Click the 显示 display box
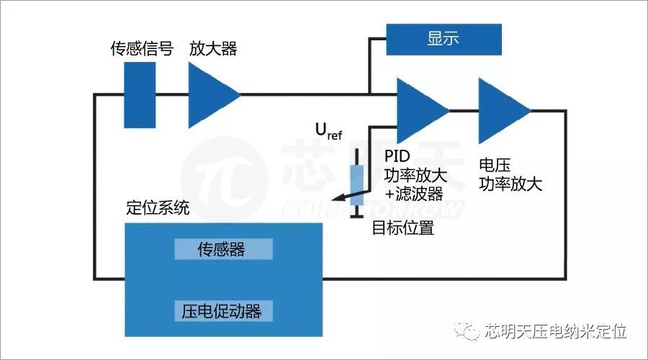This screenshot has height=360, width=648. pyautogui.click(x=443, y=39)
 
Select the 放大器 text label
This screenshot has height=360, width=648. pyautogui.click(x=213, y=49)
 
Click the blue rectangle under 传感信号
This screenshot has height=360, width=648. pyautogui.click(x=140, y=95)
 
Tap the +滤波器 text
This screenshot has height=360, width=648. pyautogui.click(x=413, y=194)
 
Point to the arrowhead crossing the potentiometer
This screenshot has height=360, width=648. pyautogui.click(x=336, y=201)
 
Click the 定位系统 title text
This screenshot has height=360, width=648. pyautogui.click(x=158, y=209)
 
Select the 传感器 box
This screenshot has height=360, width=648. pyautogui.click(x=223, y=249)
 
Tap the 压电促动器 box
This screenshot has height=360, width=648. pyautogui.click(x=223, y=311)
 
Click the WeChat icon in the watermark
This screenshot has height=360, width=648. pyautogui.click(x=467, y=331)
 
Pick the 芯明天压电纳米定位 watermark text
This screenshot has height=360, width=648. pyautogui.click(x=555, y=331)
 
